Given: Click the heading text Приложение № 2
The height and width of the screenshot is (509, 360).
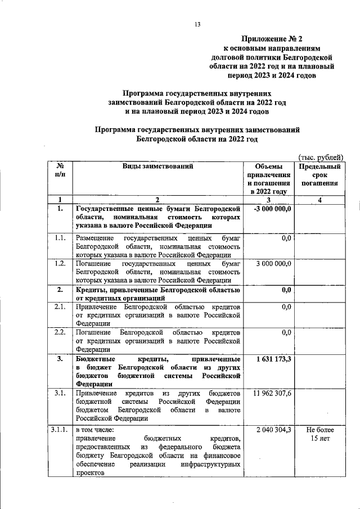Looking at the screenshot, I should point(272,39).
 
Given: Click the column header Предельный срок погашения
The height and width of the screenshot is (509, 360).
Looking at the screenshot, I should point(319,174).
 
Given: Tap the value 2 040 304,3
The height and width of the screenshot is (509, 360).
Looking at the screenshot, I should point(273,430).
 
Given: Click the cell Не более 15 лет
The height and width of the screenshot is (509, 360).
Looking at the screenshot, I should point(319,434).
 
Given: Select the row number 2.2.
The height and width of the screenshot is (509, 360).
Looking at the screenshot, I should point(59,332).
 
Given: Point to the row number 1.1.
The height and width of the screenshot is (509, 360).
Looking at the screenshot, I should point(59,238).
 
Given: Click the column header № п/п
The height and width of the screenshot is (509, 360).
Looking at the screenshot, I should point(59,170).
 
